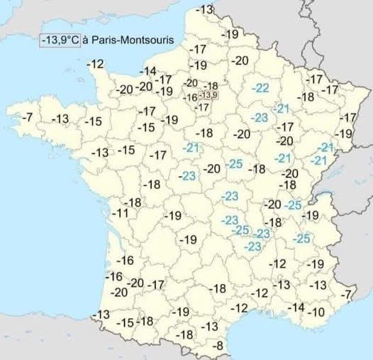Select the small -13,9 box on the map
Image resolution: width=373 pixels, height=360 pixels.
point(209,96)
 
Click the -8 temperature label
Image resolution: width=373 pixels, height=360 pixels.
point(218,346)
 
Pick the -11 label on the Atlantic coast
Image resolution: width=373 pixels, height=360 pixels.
point(121,214)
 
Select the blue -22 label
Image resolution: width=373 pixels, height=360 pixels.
point(261,88)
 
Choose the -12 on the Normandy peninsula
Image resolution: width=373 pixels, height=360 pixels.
point(96,64)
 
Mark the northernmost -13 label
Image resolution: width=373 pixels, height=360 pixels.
point(204,9)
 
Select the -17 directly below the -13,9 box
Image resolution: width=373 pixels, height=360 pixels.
point(202,107)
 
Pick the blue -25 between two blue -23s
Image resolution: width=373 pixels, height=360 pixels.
point(241,230)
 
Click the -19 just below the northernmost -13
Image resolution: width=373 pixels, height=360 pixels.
point(230,34)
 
